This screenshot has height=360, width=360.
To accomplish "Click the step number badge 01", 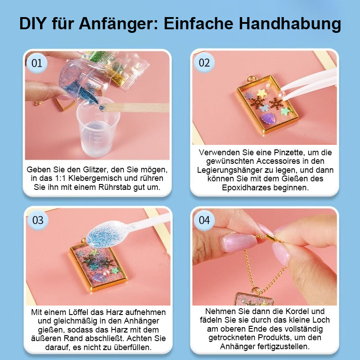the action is coord(37,63).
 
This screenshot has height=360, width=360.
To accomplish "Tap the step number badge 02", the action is coord(204,63).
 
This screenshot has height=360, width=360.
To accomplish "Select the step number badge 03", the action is coord(38,220).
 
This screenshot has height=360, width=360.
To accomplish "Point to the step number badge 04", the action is coord(204,220).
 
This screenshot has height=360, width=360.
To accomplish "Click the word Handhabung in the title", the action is coord(290,24).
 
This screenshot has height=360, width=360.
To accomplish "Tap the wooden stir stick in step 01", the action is coord(135,108).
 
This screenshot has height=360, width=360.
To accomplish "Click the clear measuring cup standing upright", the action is coord(98,127).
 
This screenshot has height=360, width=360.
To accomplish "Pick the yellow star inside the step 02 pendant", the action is coord(262,93).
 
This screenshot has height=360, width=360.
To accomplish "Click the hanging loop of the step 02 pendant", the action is coord(252,79).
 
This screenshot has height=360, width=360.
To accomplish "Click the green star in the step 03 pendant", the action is coord(115,271).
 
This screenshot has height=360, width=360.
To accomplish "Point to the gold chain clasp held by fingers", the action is coord(273,239).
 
